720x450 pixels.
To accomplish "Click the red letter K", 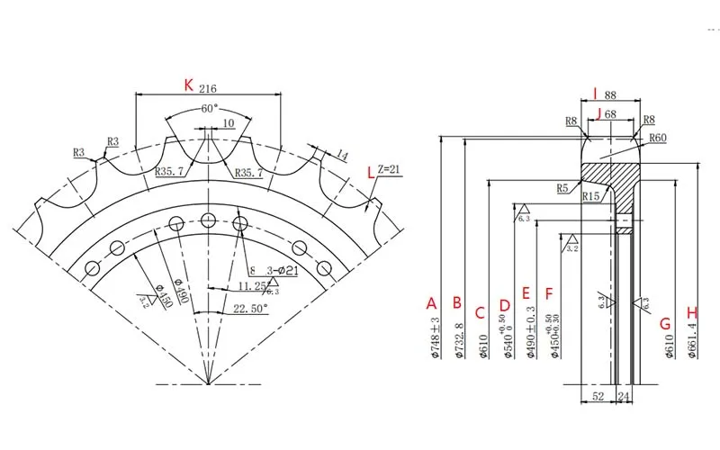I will tap(188, 85).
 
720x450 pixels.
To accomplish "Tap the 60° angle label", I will tap(208, 108).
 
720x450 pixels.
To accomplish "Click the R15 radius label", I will tap(591, 195).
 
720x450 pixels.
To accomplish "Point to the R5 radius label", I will tap(563, 188).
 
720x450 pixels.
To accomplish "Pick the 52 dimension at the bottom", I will tap(598, 395).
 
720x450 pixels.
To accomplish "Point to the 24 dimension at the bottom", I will tap(625, 395).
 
